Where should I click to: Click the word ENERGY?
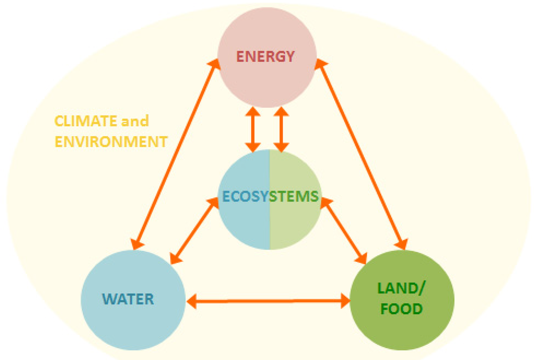266,56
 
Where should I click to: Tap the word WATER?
128,299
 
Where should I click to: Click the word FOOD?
402,309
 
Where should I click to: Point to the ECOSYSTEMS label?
270,197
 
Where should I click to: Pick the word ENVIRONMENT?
111,141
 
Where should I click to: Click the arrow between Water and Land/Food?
269,300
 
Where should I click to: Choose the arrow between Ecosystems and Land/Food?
344,230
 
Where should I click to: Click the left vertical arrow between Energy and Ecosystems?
253,130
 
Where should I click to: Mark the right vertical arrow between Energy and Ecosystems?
281,130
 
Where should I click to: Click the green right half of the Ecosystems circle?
295,219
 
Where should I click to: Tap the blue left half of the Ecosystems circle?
242,219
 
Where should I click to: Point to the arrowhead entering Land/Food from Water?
344,300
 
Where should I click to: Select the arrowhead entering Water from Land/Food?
193,300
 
